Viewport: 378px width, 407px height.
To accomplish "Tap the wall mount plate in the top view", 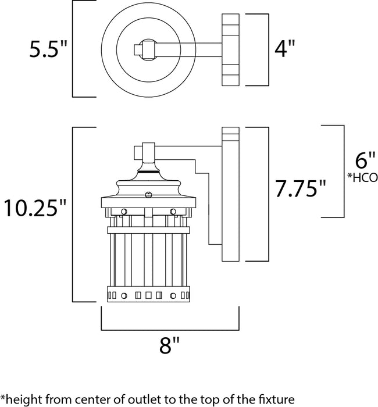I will coord(231,49).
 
